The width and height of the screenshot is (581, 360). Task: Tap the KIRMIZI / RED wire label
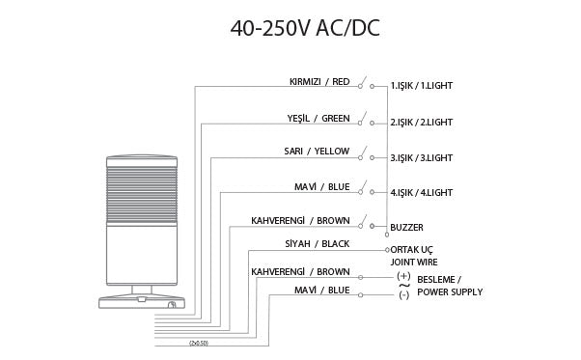pyautogui.click(x=318, y=81)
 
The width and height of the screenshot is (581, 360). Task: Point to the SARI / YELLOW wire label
pyautogui.click(x=318, y=152)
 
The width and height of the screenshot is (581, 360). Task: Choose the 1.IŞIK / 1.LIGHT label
pyautogui.click(x=422, y=86)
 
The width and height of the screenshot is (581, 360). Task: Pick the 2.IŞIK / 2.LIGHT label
pyautogui.click(x=422, y=122)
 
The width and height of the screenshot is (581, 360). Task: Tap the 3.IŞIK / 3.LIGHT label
pyautogui.click(x=422, y=156)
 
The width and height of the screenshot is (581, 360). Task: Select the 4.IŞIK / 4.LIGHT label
pyautogui.click(x=422, y=192)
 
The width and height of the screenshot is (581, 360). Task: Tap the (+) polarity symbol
pyautogui.click(x=403, y=276)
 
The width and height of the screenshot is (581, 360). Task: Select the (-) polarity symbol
pyautogui.click(x=403, y=293)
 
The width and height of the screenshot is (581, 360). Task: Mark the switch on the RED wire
pyautogui.click(x=364, y=82)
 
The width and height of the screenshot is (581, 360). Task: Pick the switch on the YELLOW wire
pyautogui.click(x=364, y=152)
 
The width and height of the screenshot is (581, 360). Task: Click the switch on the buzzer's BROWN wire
pyautogui.click(x=364, y=222)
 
